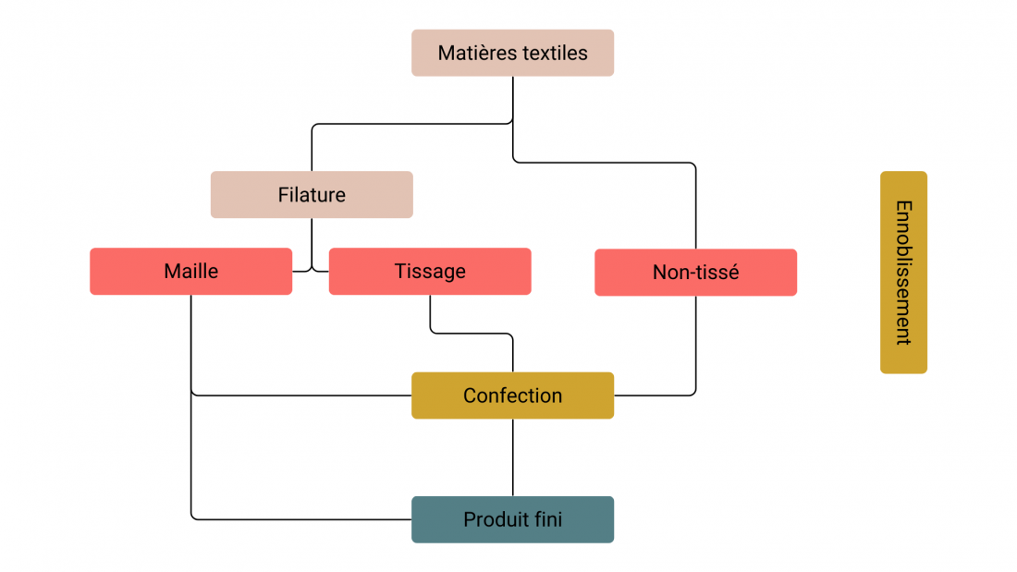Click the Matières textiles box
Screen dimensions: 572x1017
512,53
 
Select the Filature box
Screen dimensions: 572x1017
312,195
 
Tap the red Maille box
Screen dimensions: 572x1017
190,272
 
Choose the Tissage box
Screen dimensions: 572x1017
430,272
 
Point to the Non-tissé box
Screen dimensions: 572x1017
695,273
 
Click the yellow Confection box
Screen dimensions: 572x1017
512,396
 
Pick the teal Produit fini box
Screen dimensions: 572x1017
512,519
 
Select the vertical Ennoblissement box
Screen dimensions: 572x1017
903,273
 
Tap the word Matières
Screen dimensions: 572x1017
472,53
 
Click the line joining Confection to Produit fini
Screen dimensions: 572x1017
513,457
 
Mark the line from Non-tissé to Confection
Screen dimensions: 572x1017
695,351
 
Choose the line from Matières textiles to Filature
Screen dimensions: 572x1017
407,124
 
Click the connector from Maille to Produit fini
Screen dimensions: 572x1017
191,462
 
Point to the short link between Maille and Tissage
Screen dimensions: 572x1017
311,271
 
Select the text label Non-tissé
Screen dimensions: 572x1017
695,273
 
